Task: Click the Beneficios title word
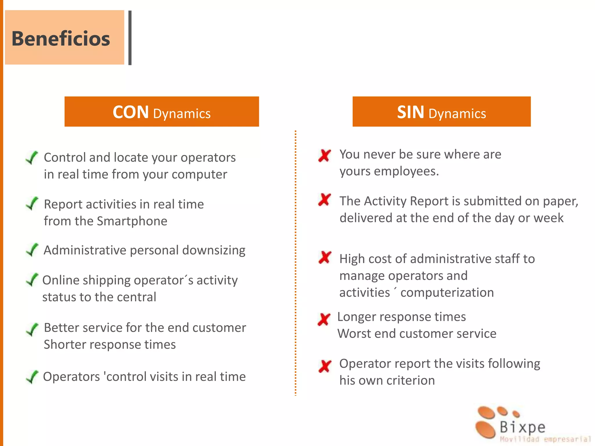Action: point(61,39)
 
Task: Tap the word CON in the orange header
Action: point(131,112)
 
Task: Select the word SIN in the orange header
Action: point(411,112)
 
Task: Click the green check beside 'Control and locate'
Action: point(32,158)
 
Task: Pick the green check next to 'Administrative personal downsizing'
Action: point(32,250)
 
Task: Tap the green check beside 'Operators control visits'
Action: point(32,377)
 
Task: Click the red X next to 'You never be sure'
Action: point(325,155)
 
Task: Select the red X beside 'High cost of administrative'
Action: point(325,257)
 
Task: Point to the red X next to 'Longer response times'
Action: point(324,319)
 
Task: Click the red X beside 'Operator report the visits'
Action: point(325,366)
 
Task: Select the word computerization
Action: point(447,293)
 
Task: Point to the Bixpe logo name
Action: point(522,427)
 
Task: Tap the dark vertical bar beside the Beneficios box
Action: point(130,38)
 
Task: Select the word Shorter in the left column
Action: point(66,345)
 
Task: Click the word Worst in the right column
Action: point(354,334)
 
